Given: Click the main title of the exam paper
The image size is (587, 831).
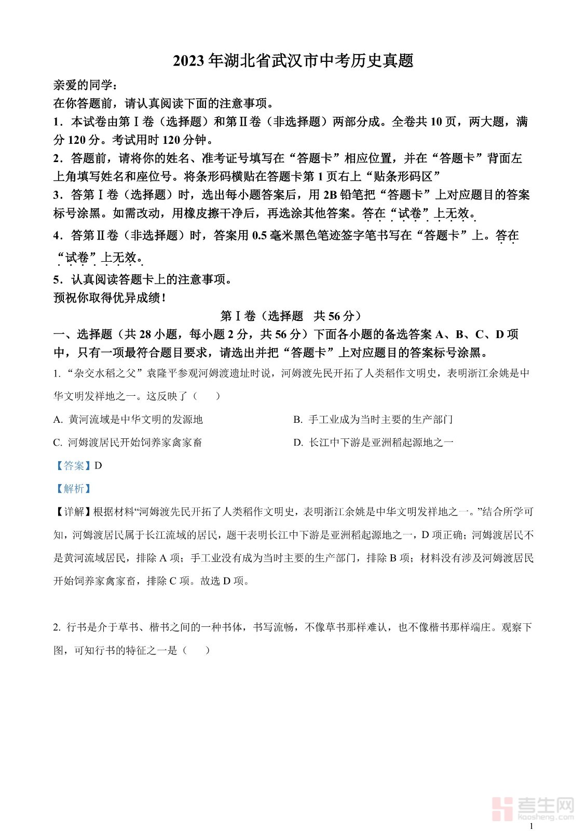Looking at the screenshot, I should pyautogui.click(x=293, y=61).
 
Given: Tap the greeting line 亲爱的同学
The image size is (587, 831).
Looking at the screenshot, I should pyautogui.click(x=82, y=85).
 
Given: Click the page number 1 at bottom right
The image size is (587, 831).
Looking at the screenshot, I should pyautogui.click(x=531, y=826).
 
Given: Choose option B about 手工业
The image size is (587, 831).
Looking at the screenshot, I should pyautogui.click(x=373, y=419).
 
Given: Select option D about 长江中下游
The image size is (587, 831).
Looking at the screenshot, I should pyautogui.click(x=373, y=443).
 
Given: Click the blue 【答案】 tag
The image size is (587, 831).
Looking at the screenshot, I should pyautogui.click(x=73, y=466).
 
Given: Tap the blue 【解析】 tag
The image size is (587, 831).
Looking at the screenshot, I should pyautogui.click(x=73, y=489).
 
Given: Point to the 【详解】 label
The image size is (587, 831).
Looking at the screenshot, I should pyautogui.click(x=73, y=512).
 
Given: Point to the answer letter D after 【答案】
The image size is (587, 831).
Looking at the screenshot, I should pyautogui.click(x=99, y=466).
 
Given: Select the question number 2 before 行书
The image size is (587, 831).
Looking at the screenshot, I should pyautogui.click(x=56, y=627).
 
